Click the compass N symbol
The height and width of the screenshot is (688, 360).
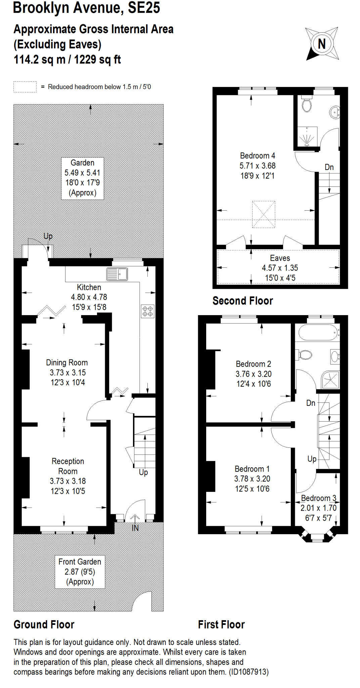tap(322, 44)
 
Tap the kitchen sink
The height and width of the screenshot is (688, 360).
tap(117, 274)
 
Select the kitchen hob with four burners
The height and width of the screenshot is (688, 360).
tap(148, 311)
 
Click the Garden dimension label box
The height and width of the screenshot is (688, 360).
tap(82, 178)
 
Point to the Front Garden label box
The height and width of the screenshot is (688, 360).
tap(80, 571)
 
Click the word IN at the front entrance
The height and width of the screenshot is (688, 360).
tap(135, 528)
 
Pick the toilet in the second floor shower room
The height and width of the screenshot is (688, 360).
tap(307, 104)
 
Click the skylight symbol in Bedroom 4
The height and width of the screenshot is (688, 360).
tap(264, 214)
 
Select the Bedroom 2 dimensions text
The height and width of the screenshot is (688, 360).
tap(254, 379)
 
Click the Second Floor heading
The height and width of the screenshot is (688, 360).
tap(242, 301)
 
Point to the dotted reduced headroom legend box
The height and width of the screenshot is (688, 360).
tap(25, 87)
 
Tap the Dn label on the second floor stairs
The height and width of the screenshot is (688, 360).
tap(329, 167)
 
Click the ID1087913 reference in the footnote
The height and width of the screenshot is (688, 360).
tap(249, 672)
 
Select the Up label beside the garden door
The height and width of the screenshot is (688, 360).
tap(48, 236)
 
